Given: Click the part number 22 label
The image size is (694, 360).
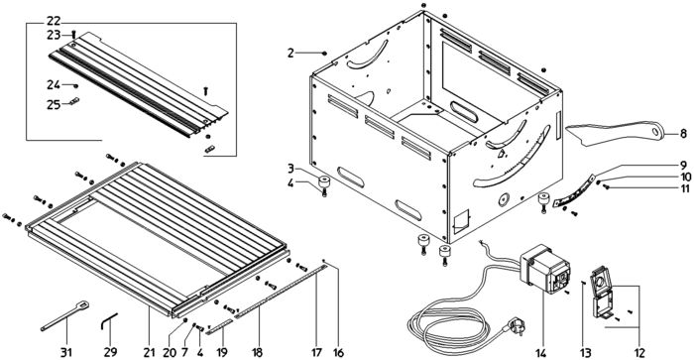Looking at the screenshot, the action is coord(54,21).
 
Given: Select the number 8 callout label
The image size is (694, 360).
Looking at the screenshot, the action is coord(683,133).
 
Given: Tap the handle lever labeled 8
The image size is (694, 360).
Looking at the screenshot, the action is coord(616,133).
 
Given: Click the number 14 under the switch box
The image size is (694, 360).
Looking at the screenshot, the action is coord(541,353).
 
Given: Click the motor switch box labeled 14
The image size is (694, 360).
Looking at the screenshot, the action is coord(545,269).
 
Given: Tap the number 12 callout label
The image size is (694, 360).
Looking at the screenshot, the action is coord(638,353).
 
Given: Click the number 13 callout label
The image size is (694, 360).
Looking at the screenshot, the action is coord(585,353).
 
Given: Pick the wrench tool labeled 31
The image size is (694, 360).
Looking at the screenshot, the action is coord(65,315).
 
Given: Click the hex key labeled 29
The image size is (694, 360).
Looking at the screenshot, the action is coord(108,321).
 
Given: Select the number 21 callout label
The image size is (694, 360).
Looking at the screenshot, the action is coord(149,353).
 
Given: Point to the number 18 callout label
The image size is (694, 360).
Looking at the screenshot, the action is coord(257,353).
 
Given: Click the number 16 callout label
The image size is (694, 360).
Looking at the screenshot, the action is coord(338,353).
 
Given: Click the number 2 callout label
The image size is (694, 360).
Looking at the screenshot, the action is coord(290,54).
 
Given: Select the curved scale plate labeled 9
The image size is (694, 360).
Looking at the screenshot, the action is coord(574,192).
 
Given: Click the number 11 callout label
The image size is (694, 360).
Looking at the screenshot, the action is coord(685,188).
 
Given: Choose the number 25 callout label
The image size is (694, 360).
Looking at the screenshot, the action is coord(54,105).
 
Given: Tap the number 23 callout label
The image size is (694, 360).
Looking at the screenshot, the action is coord(54,35).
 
